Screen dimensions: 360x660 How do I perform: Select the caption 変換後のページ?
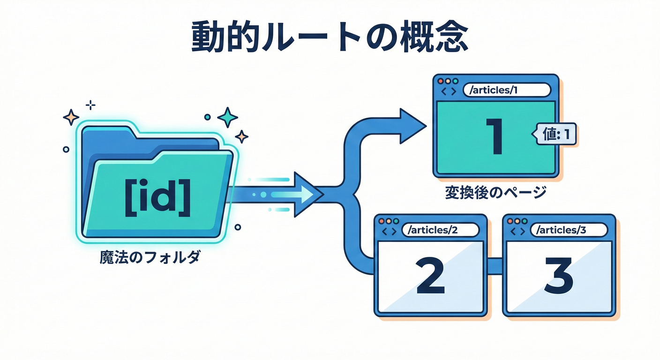pyautogui.click(x=495, y=193)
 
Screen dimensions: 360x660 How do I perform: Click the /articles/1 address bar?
pyautogui.click(x=506, y=90)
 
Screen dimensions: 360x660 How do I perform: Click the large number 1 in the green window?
pyautogui.click(x=495, y=136)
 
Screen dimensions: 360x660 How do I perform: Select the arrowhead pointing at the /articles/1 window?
pyautogui.click(x=411, y=126)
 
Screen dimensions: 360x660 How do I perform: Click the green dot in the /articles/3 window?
pyautogui.click(x=525, y=221)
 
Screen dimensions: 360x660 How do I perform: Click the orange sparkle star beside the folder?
pyautogui.click(x=71, y=116)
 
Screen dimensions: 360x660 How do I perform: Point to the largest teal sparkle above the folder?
pyautogui.click(x=228, y=117)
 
